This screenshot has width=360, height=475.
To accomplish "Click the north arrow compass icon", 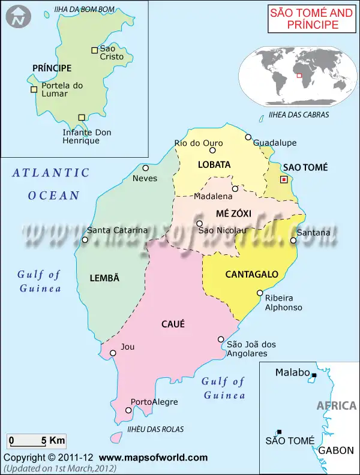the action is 19,17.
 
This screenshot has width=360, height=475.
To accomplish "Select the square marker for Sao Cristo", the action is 94,50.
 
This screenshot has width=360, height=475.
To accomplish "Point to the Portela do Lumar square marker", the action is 34,90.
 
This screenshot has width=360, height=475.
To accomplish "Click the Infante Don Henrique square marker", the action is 82,118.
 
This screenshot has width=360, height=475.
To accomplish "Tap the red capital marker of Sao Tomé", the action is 284,179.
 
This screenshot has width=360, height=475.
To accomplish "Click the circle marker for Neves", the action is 145,168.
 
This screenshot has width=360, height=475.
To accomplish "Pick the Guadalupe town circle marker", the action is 248,137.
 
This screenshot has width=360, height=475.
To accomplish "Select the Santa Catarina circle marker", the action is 85,240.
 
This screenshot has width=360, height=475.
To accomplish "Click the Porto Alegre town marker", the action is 128,410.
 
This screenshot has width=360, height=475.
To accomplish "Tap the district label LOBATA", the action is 214,164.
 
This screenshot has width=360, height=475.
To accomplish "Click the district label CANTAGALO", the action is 251,275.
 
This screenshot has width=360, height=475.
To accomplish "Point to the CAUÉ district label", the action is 173,324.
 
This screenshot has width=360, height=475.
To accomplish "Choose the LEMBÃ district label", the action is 104,278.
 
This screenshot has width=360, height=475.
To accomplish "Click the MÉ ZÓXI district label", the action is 233,214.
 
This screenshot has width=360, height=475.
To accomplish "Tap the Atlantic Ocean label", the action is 52,184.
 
